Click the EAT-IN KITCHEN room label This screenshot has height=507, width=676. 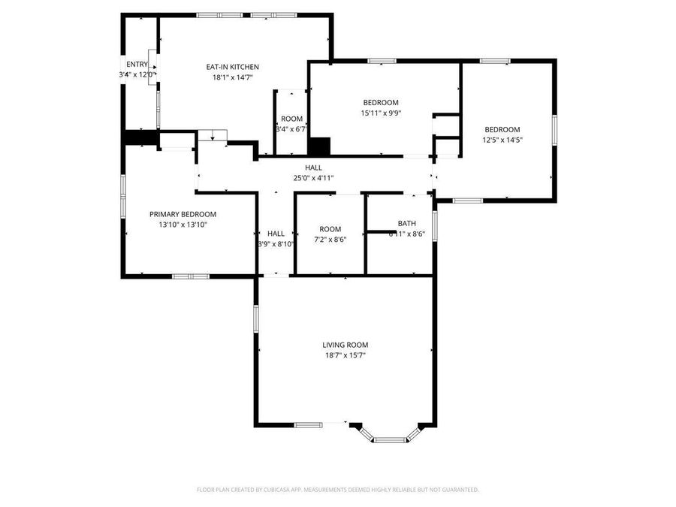(x=233, y=67)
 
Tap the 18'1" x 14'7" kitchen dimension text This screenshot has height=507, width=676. (x=233, y=77)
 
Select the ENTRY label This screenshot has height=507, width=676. (x=137, y=64)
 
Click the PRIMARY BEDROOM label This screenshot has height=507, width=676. (x=183, y=214)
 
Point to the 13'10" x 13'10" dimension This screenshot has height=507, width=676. (x=183, y=225)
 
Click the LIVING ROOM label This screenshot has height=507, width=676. (x=346, y=345)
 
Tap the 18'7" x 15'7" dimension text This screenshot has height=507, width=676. (x=346, y=355)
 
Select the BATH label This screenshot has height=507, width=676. (x=406, y=223)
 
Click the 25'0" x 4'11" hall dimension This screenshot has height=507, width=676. (x=313, y=178)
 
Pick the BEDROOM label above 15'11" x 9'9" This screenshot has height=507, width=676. (x=381, y=102)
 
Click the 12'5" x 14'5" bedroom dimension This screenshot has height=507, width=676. (x=502, y=140)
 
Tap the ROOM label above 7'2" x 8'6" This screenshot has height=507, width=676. (x=330, y=229)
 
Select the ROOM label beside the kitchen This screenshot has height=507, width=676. (x=291, y=119)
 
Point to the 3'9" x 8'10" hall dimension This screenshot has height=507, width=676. (x=276, y=244)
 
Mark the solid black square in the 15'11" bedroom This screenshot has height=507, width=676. (x=320, y=146)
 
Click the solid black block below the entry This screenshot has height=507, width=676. (x=139, y=137)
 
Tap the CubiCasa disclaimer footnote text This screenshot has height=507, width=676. (x=337, y=490)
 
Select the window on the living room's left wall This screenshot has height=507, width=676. (x=255, y=318)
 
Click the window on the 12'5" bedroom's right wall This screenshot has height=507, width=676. (x=554, y=128)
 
